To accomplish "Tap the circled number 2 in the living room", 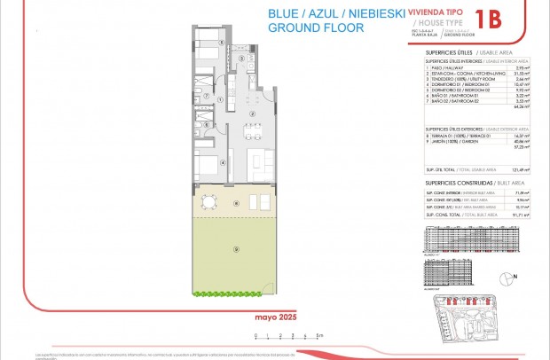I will click(253, 113).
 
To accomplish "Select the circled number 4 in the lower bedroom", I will click(222, 161).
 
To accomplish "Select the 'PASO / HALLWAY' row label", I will click(444, 67).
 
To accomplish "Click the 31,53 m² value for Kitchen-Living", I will click(522, 73).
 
